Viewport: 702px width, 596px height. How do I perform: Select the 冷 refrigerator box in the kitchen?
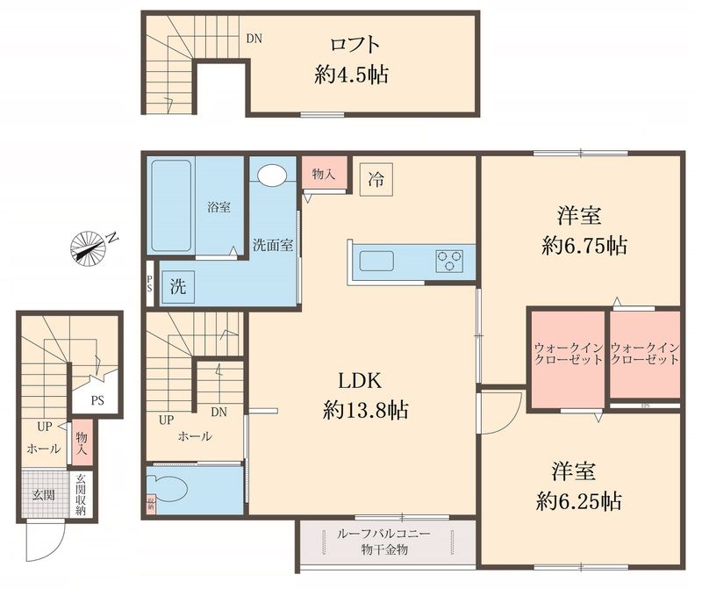tap(376, 182)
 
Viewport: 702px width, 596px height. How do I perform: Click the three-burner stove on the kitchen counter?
tap(449, 261)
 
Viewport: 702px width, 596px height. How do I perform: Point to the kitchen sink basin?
tap(377, 261)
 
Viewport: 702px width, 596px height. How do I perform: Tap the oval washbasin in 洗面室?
tap(273, 174)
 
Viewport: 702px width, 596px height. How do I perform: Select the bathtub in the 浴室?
tap(172, 207)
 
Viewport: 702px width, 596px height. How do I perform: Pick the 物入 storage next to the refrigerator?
tap(324, 174)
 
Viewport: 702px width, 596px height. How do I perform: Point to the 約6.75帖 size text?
tap(584, 247)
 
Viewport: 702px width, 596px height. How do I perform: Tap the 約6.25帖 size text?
tap(579, 501)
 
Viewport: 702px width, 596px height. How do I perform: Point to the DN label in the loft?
tap(254, 39)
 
